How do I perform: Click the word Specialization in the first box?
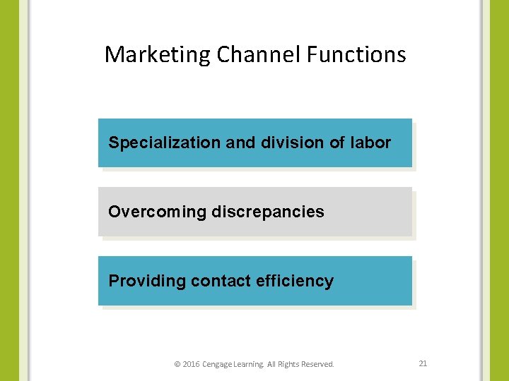click(x=165, y=143)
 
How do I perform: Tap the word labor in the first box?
click(x=370, y=143)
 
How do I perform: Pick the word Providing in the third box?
click(x=146, y=281)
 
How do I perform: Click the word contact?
click(x=221, y=281)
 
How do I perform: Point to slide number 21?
click(x=423, y=363)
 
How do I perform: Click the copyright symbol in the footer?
click(x=177, y=364)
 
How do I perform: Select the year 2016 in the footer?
click(x=191, y=364)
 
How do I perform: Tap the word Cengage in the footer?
click(x=218, y=364)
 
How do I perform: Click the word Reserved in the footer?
click(x=317, y=364)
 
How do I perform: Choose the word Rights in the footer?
click(x=288, y=364)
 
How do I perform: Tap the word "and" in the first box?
click(x=240, y=143)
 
